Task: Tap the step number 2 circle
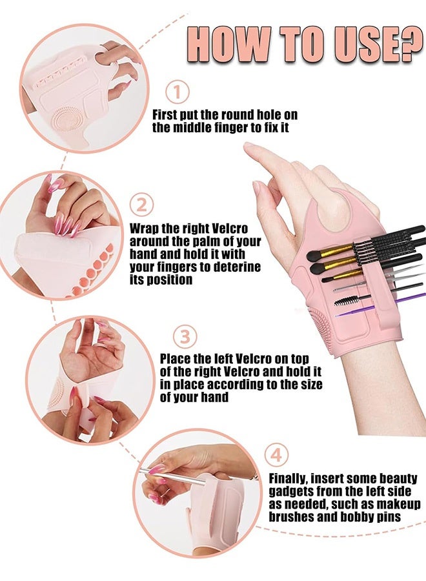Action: [x=142, y=206]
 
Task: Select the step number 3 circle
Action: [x=185, y=336]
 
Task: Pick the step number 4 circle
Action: [x=276, y=455]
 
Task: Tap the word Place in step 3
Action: [x=175, y=358]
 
